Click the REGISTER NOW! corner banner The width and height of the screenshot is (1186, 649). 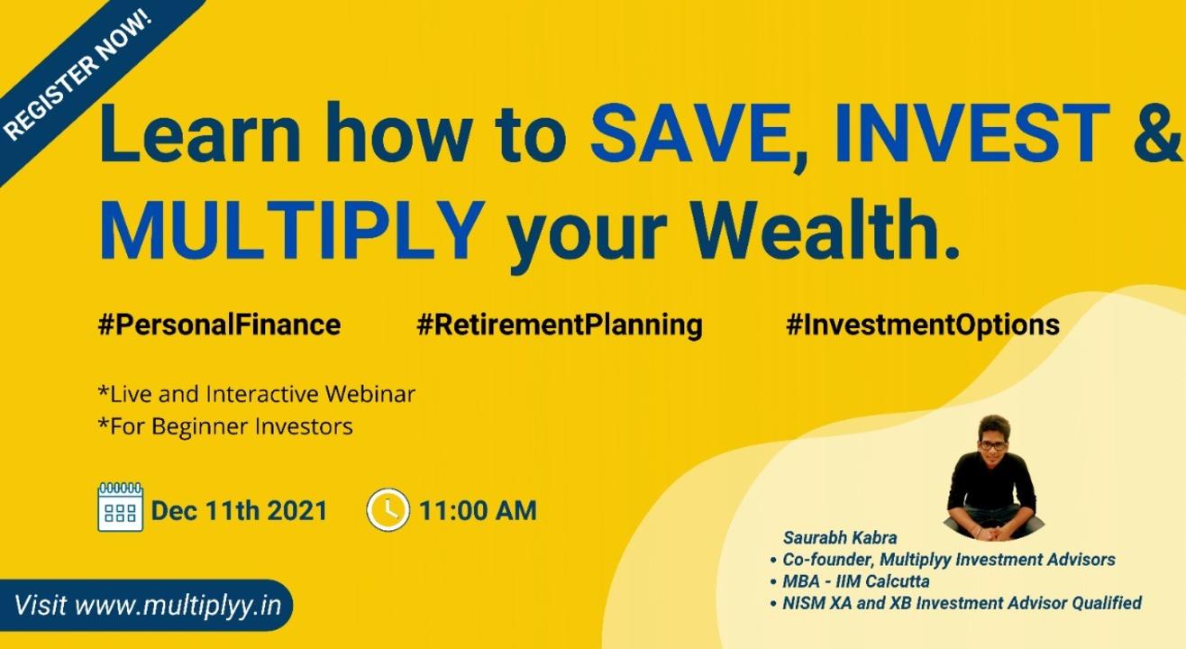coord(79,74)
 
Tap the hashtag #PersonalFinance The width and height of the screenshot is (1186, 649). coord(219,324)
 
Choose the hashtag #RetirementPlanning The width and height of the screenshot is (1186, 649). coord(560,325)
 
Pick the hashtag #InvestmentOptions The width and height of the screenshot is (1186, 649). coord(923,325)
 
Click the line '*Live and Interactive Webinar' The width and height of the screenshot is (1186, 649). coord(257,394)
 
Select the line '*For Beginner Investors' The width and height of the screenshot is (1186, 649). coord(225,426)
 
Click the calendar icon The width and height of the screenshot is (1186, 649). coord(120,507)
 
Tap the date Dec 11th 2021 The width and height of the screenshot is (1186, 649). coord(240,511)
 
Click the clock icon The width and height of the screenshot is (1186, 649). coord(388,510)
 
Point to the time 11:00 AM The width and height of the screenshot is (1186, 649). coord(479,511)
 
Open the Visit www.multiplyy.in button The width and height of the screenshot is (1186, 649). coord(146,605)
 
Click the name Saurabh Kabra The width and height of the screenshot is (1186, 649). coord(840,538)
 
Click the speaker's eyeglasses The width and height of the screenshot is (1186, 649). coord(993,445)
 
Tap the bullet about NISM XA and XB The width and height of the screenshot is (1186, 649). coord(956,603)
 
